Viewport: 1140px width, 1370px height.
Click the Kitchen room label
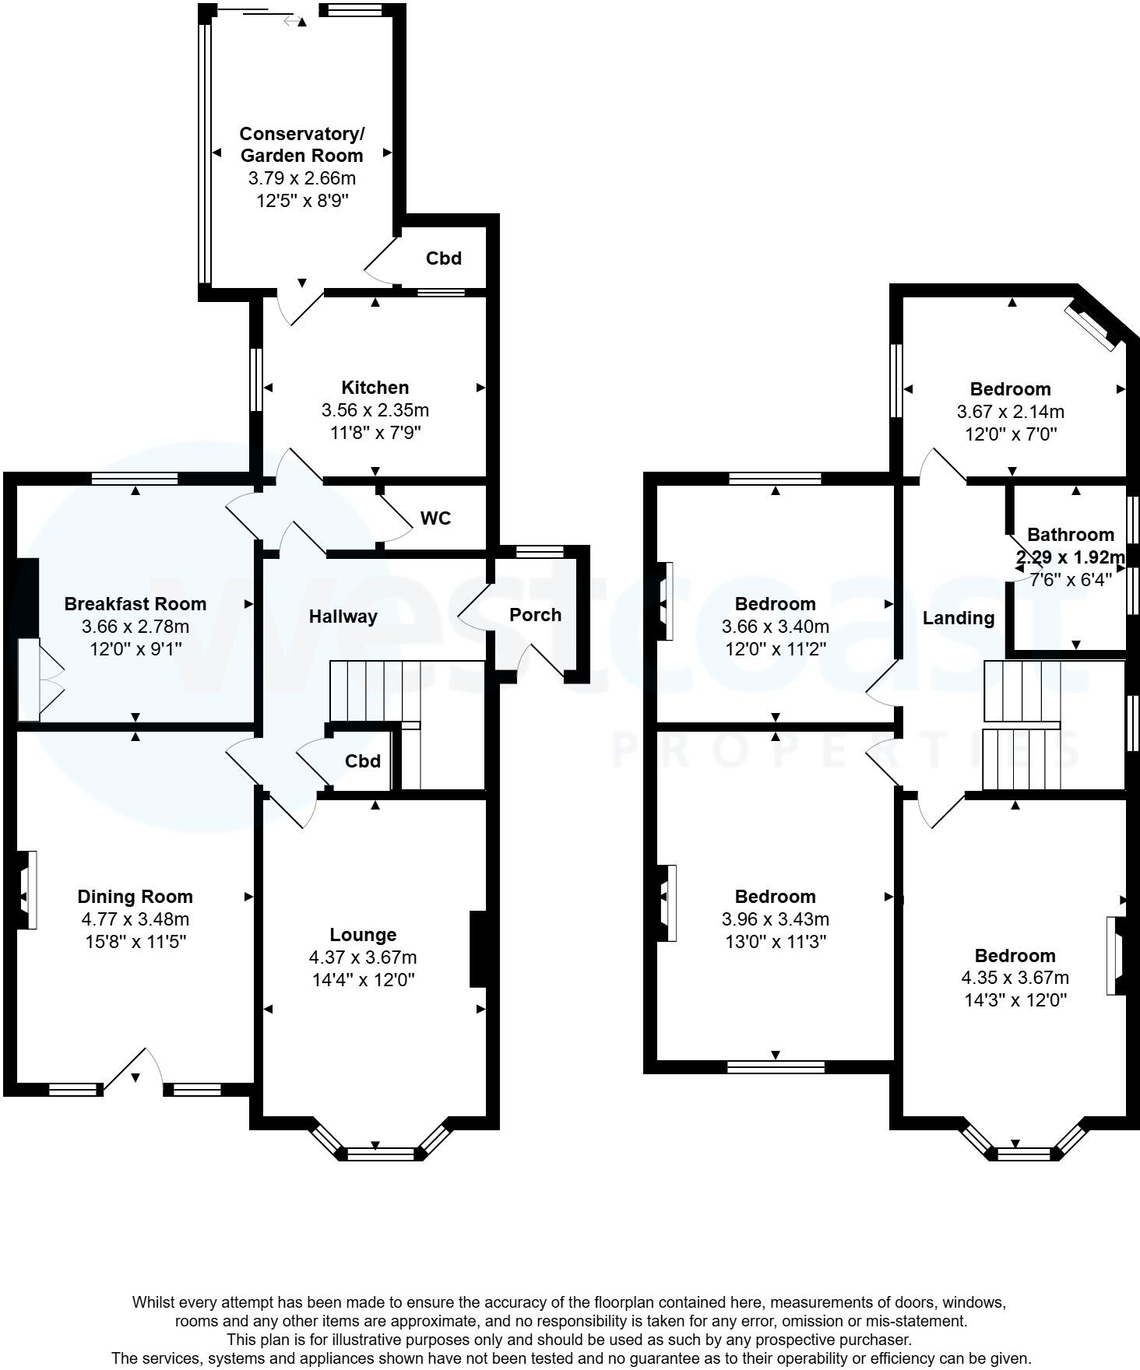(375, 388)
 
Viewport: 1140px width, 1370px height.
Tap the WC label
(435, 518)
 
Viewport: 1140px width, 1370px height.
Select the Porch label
(535, 615)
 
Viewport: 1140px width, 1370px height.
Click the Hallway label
(343, 616)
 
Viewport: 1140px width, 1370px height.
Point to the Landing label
(958, 618)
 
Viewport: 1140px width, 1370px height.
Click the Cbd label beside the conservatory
(443, 258)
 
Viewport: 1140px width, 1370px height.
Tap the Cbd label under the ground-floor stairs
(362, 761)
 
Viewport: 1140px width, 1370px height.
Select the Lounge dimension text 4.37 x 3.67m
(364, 957)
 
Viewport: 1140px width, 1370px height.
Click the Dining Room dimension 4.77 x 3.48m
(135, 919)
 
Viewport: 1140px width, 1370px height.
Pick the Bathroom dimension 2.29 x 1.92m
(1071, 557)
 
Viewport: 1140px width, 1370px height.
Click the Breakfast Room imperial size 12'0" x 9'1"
(135, 648)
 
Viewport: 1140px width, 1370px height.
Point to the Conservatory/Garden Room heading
(301, 145)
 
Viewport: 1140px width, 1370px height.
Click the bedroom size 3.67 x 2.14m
(1010, 412)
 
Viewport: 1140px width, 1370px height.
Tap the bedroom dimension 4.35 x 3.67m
(1015, 978)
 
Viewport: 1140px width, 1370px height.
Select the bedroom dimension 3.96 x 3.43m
(775, 919)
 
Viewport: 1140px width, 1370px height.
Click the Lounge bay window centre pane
(381, 1153)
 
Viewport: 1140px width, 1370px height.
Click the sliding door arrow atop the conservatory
(293, 21)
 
